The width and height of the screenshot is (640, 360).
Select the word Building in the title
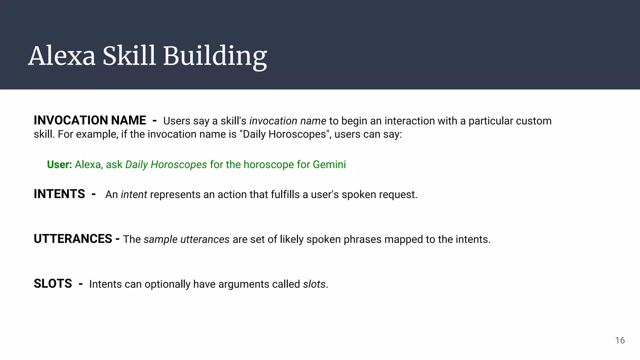215,56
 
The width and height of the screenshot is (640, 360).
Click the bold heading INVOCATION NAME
90,120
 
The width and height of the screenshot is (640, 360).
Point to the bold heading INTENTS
59,194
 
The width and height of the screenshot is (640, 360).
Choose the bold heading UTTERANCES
73,239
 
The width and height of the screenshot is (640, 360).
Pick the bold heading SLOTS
53,284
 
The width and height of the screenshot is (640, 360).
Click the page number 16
620,340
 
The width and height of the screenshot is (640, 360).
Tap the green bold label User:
59,164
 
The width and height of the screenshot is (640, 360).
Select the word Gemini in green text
329,164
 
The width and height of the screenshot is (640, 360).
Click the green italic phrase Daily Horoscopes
166,164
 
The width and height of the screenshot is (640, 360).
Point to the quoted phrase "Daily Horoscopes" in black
285,134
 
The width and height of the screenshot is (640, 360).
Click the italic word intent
134,195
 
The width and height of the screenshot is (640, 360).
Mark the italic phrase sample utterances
187,239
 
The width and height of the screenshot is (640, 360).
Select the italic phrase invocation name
287,121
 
